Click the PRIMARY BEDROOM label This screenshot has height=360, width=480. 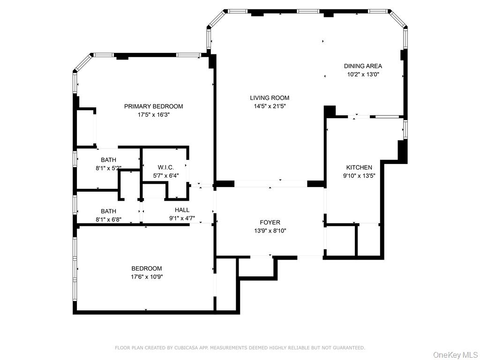pyautogui.click(x=153, y=106)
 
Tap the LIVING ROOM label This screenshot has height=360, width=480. pyautogui.click(x=269, y=98)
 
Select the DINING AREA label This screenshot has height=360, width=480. pyautogui.click(x=363, y=66)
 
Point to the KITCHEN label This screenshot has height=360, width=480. pyautogui.click(x=359, y=167)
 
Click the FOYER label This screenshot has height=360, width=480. pyautogui.click(x=270, y=222)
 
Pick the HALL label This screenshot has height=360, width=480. pyautogui.click(x=182, y=210)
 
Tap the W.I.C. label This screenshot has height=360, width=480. pyautogui.click(x=165, y=167)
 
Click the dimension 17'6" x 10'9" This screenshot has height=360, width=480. pyautogui.click(x=147, y=277)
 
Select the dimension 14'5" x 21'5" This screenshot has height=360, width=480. pyautogui.click(x=269, y=106)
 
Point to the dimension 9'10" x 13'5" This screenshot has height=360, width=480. pyautogui.click(x=359, y=176)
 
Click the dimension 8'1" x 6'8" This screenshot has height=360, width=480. pyautogui.click(x=108, y=219)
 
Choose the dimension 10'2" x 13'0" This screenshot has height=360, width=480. pyautogui.click(x=363, y=75)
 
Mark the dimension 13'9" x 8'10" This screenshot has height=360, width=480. pyautogui.click(x=270, y=231)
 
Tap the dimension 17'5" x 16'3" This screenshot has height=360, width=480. pyautogui.click(x=153, y=115)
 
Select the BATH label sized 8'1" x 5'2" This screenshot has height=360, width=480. pyautogui.click(x=108, y=160)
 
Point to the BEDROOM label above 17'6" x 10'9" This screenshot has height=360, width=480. pyautogui.click(x=147, y=269)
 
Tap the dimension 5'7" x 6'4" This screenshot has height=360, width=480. pyautogui.click(x=165, y=176)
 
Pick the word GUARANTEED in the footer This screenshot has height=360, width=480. pyautogui.click(x=348, y=348)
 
